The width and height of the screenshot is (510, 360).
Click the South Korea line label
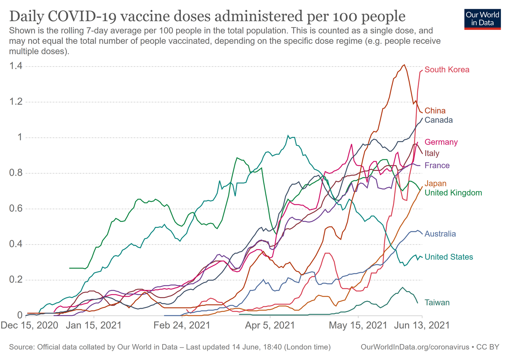point(447,70)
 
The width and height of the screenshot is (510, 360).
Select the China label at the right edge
point(435,111)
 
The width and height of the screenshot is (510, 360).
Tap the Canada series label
point(438,120)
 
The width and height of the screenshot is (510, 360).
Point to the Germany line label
point(441,142)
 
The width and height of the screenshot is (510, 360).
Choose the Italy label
point(432,153)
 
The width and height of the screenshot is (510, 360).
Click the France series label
point(437,166)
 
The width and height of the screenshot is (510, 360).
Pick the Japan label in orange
point(435,184)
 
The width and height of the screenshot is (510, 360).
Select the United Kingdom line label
point(453,193)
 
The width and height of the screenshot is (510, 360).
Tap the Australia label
point(440,234)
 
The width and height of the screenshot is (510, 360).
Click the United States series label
point(449,257)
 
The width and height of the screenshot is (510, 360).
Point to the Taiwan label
point(437,303)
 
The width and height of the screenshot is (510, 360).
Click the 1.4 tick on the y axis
point(16,66)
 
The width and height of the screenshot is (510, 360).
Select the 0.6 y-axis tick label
point(16,209)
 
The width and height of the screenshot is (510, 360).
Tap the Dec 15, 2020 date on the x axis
point(29,325)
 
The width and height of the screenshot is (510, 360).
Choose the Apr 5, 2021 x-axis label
point(270,325)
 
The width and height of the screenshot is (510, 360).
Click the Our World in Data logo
point(482,18)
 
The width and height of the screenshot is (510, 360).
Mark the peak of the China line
point(404,65)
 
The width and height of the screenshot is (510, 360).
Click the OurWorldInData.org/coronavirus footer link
point(415,347)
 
